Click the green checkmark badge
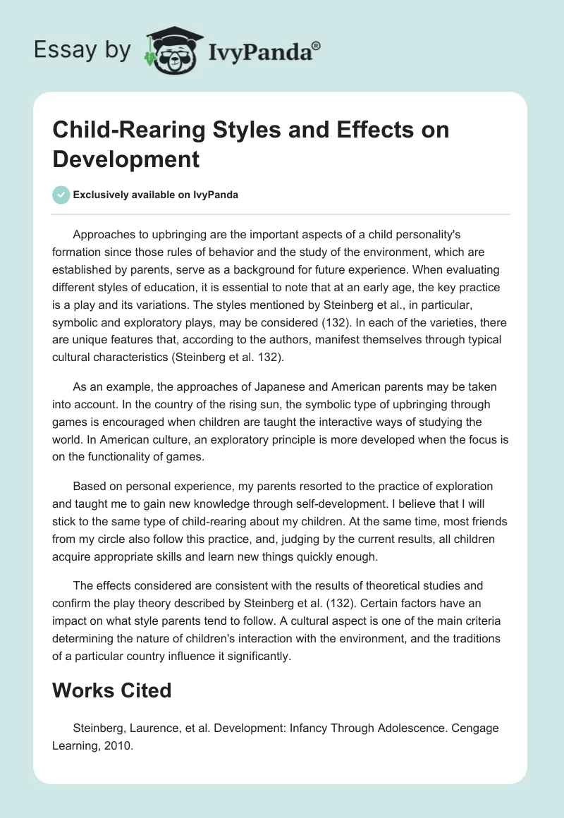[x=61, y=195]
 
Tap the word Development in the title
[x=126, y=159]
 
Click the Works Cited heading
[x=112, y=690]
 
